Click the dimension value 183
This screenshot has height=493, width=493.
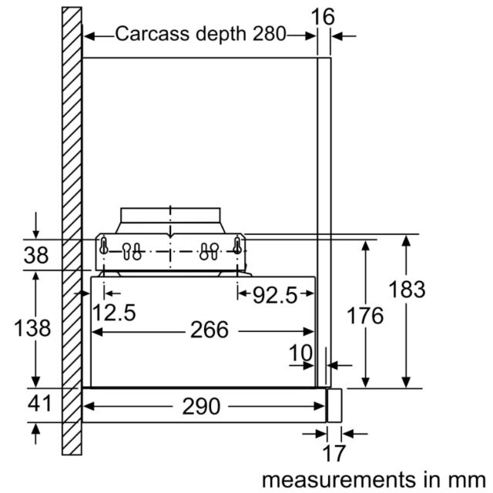tap(407, 290)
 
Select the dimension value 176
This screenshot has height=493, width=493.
tap(364, 315)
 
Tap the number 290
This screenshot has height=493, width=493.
tap(201, 406)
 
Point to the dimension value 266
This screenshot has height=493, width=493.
tap(210, 330)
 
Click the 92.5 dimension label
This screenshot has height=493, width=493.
tap(275, 295)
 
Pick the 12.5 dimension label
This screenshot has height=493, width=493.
tap(114, 313)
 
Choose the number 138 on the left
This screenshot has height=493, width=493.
tap(32, 328)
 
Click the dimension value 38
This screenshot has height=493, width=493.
tap(36, 255)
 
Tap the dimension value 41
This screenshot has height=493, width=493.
tap(39, 404)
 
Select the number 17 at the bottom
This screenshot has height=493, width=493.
tap(334, 453)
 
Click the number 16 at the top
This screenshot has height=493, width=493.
tap(323, 17)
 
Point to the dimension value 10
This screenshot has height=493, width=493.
tap(301, 353)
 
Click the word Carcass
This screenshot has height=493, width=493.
tap(153, 33)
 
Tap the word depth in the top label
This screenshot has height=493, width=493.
tap(220, 34)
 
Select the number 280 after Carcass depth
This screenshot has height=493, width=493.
tap(269, 33)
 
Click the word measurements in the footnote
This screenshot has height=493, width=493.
tap(339, 480)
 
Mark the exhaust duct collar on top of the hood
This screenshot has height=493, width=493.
tap(170, 220)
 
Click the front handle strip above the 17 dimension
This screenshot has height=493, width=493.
tap(334, 405)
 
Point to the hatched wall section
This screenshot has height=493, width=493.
tap(72, 231)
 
